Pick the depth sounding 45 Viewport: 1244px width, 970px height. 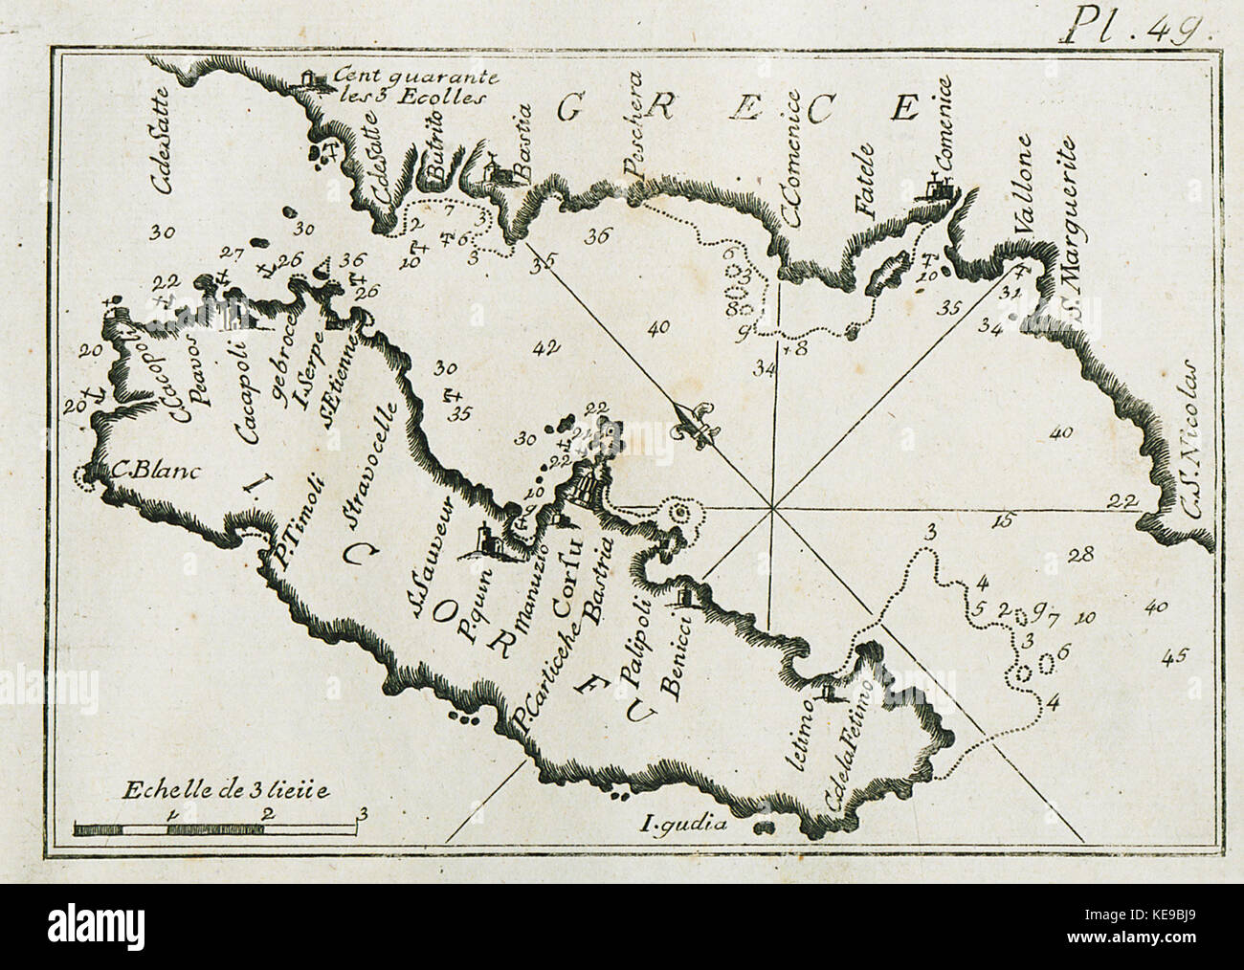[x=1174, y=656]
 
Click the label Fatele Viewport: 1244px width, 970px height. [x=867, y=188]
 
